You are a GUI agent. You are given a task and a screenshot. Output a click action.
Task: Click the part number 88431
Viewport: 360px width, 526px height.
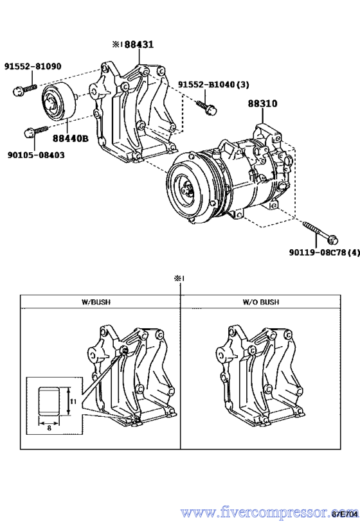[x=139, y=45]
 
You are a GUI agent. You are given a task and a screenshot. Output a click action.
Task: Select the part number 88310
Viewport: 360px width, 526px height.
[x=264, y=103]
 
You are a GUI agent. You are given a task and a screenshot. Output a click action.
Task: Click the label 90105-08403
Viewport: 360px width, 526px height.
[x=36, y=155]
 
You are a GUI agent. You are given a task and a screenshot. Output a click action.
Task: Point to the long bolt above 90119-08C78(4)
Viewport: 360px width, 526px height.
[x=318, y=233]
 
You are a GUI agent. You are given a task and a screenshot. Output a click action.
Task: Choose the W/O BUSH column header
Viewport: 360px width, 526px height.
[x=260, y=301]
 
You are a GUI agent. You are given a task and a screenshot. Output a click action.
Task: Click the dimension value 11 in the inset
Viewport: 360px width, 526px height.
[x=73, y=401]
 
